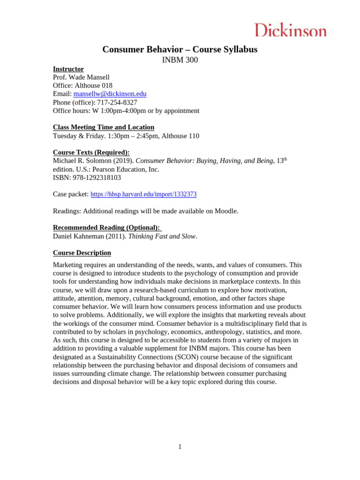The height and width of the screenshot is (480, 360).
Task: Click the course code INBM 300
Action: (x=180, y=60)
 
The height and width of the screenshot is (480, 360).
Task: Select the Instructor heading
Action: (x=68, y=69)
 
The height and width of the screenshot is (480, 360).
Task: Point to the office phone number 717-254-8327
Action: (x=117, y=102)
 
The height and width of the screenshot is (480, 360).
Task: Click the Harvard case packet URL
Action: (x=143, y=195)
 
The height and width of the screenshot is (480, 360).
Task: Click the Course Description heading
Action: (x=82, y=253)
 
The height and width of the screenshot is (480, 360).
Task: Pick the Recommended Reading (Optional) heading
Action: (x=106, y=228)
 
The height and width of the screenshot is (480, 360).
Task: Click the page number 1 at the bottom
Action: (x=180, y=447)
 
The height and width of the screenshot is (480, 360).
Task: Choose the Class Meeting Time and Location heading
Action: (x=104, y=127)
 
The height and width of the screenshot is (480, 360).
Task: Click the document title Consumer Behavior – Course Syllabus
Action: (x=180, y=49)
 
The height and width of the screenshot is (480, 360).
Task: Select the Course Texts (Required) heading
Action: (x=91, y=152)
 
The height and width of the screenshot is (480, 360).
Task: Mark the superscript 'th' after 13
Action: (x=285, y=159)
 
